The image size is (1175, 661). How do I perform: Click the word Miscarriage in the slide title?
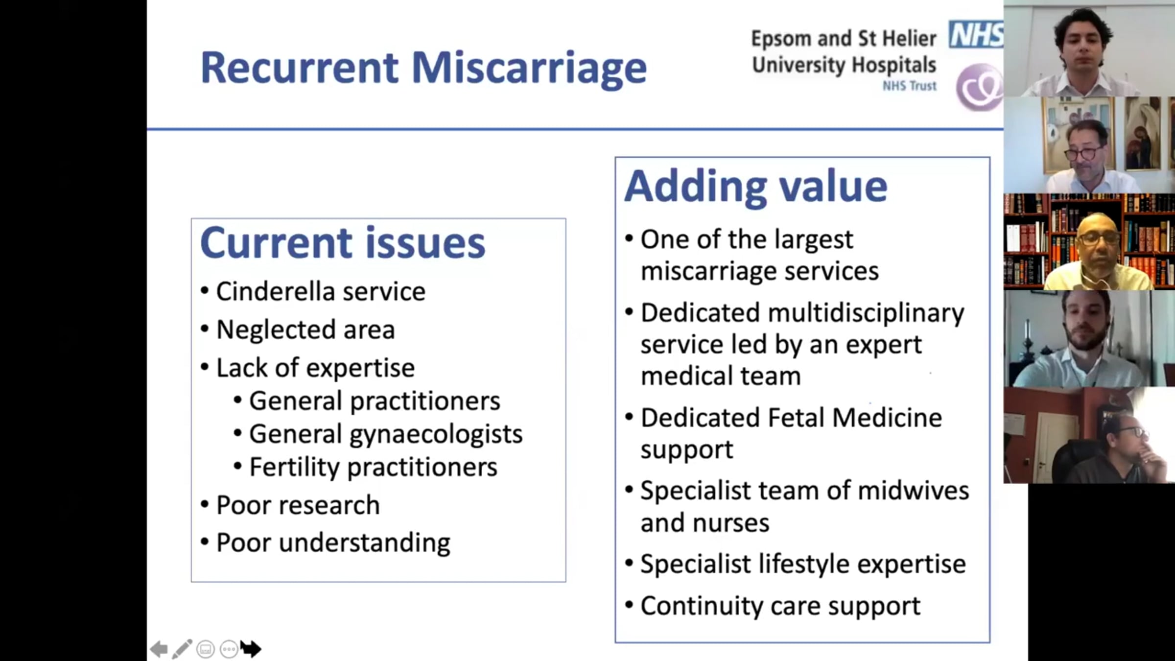click(529, 68)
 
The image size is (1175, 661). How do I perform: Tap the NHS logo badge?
click(976, 34)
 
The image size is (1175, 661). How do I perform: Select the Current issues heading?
click(343, 243)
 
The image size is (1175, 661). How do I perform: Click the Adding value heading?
click(755, 187)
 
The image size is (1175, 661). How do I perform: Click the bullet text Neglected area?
click(305, 330)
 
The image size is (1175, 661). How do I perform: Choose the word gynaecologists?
click(436, 434)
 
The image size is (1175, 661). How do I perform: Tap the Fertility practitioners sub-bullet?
click(373, 467)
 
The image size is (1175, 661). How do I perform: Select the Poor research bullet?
click(298, 505)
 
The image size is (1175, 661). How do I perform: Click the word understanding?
click(364, 543)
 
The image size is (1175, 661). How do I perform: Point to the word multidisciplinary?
click(866, 313)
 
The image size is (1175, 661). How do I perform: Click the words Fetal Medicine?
click(855, 418)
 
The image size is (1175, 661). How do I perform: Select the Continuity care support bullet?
click(780, 607)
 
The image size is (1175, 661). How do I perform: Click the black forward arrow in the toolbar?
click(251, 649)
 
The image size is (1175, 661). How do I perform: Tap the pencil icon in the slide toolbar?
click(182, 649)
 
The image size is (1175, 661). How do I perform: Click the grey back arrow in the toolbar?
click(159, 649)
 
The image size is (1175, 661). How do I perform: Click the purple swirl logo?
click(979, 87)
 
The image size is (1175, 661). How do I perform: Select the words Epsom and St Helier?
click(844, 39)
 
